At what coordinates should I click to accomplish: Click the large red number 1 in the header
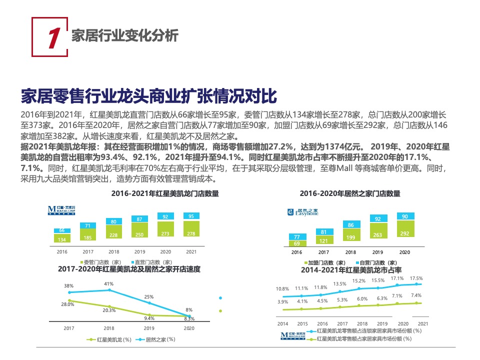point(53,38)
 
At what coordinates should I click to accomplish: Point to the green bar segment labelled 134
point(62,239)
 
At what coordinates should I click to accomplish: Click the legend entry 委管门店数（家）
point(100,262)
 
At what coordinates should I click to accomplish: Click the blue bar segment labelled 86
point(350,225)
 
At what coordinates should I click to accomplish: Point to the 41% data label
point(109,284)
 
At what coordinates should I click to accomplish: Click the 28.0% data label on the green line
point(68,304)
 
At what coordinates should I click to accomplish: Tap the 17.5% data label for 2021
point(416,278)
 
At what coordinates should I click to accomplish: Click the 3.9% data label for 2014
point(282,302)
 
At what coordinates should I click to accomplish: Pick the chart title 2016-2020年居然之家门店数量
point(350,193)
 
